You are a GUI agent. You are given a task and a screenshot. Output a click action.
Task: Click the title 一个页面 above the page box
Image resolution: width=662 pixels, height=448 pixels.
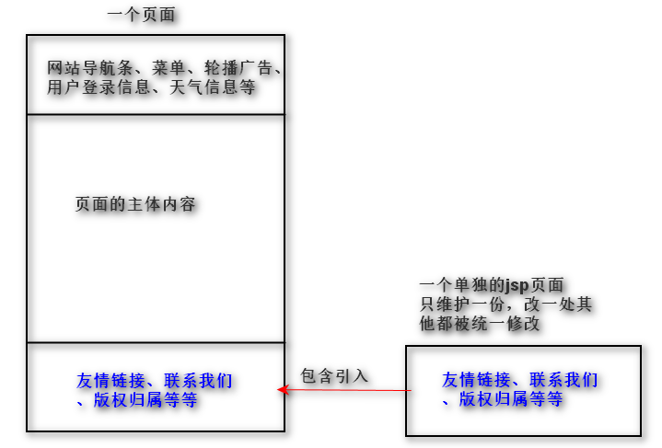click(x=141, y=14)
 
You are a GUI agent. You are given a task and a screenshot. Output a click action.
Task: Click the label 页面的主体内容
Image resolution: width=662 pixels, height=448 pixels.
click(x=135, y=204)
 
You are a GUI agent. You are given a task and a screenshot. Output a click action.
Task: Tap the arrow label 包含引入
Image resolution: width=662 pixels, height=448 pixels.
click(x=334, y=375)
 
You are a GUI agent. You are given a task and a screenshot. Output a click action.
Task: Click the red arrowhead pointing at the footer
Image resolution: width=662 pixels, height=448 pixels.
click(x=283, y=391)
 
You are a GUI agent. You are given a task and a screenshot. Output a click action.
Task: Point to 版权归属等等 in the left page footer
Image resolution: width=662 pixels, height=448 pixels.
click(x=145, y=400)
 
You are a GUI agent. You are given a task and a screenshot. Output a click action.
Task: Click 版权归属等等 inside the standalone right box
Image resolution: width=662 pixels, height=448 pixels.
click(x=512, y=400)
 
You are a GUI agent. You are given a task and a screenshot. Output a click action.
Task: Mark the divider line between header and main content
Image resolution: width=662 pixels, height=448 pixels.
click(x=156, y=115)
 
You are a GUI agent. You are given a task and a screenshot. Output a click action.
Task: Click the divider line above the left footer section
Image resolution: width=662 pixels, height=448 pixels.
click(x=156, y=343)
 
